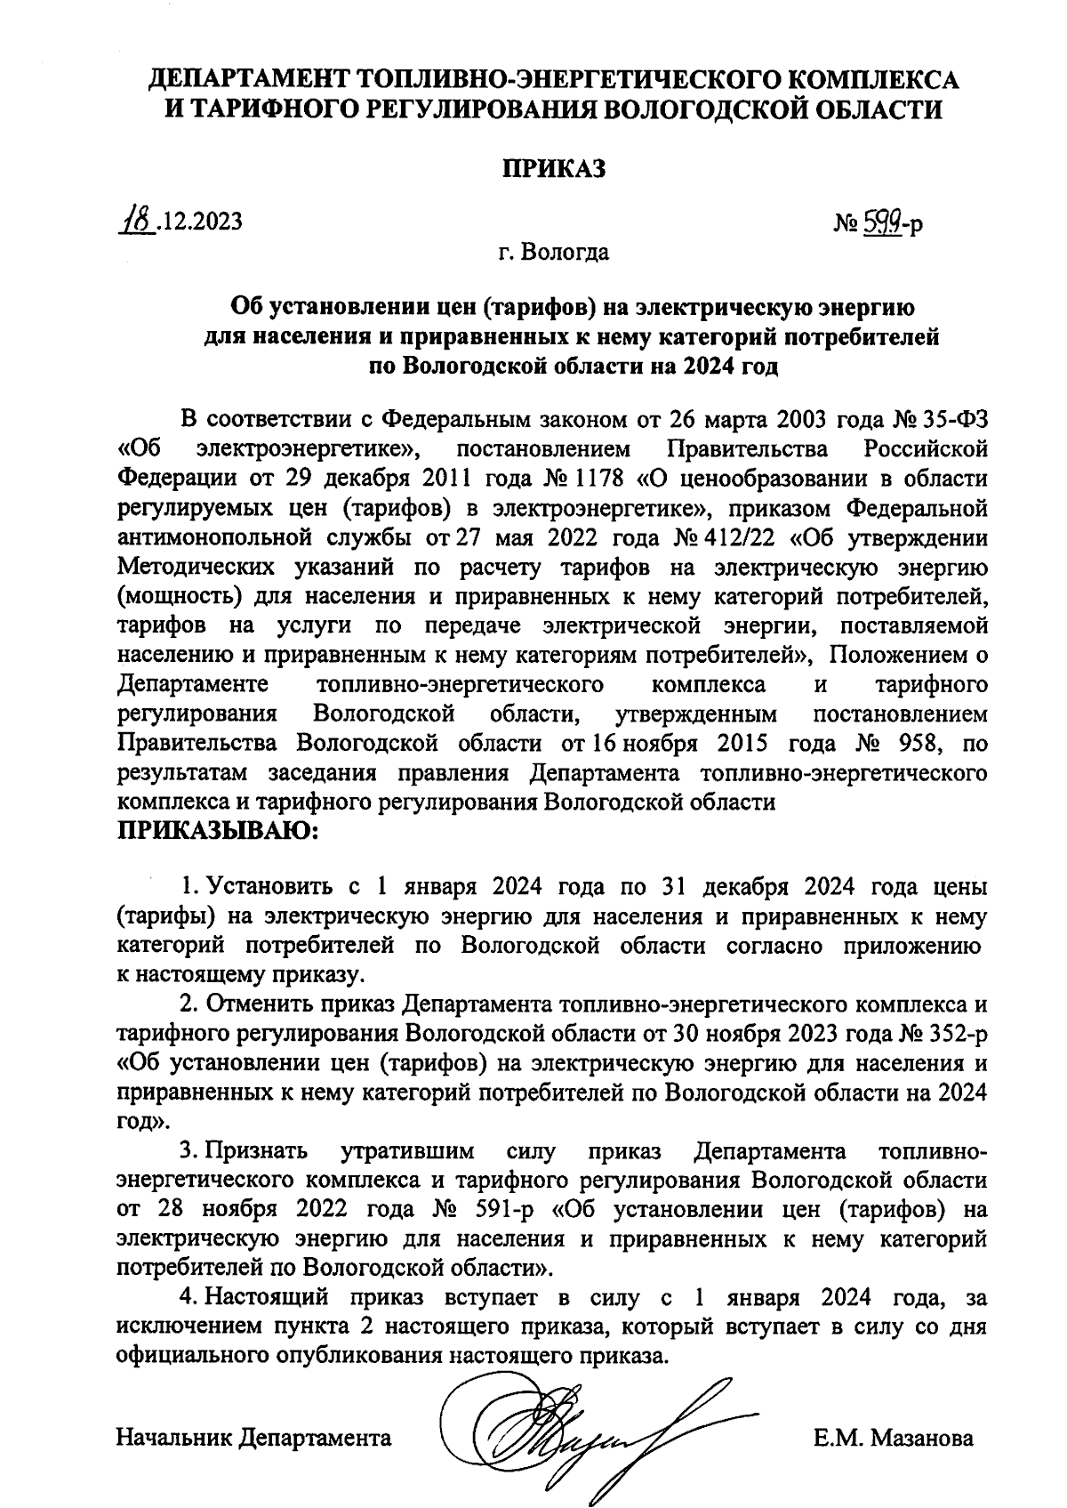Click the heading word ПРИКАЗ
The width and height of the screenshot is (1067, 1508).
point(554,168)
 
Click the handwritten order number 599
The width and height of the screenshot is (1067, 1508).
point(880,222)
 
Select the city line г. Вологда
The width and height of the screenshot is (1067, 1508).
point(554,253)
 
